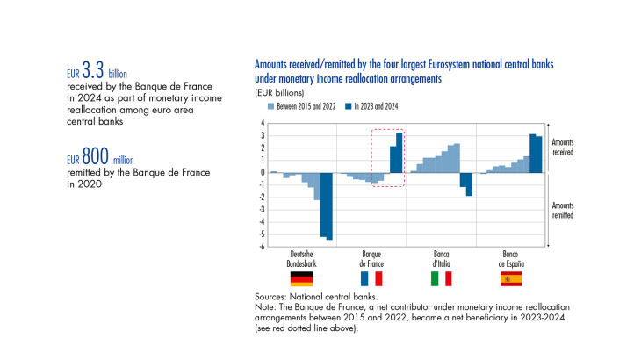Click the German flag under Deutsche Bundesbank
point(301,278)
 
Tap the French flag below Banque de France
point(372,278)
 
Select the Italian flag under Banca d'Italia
point(442,278)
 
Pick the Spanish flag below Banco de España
point(511,278)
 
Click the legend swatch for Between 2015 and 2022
point(270,106)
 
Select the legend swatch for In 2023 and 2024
point(348,106)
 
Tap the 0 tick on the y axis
point(262,173)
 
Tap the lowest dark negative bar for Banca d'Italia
point(470,184)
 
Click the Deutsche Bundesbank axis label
point(301,259)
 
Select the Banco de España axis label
point(511,259)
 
